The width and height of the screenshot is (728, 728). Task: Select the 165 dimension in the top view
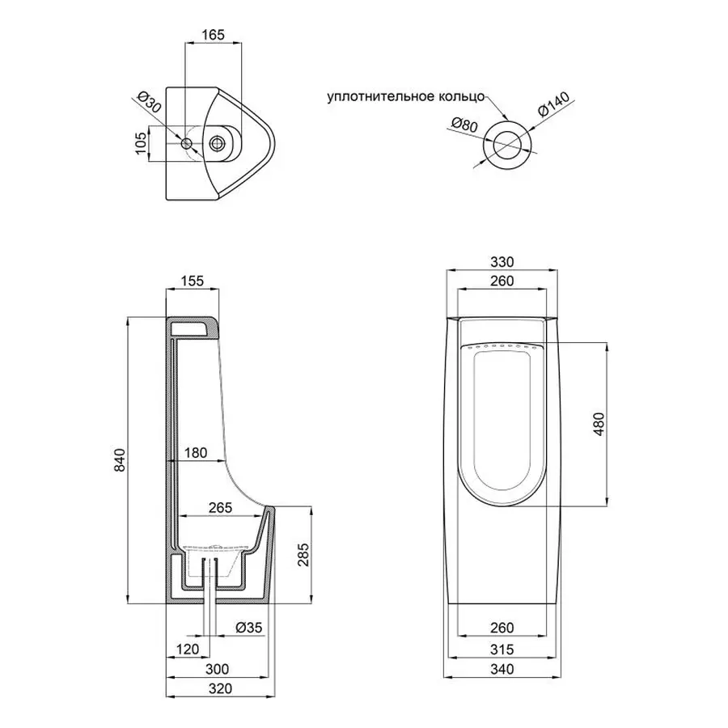click(213, 35)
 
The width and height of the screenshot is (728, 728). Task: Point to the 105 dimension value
click(140, 143)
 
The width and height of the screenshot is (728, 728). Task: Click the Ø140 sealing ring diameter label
click(554, 107)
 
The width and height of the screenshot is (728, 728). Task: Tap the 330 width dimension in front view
click(503, 263)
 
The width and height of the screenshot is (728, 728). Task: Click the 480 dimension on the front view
click(599, 424)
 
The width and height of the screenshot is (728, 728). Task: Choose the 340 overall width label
click(503, 669)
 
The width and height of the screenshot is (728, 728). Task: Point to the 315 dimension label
click(503, 649)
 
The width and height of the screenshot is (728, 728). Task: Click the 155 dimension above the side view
click(192, 281)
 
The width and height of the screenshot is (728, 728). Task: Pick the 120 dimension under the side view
click(188, 649)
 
